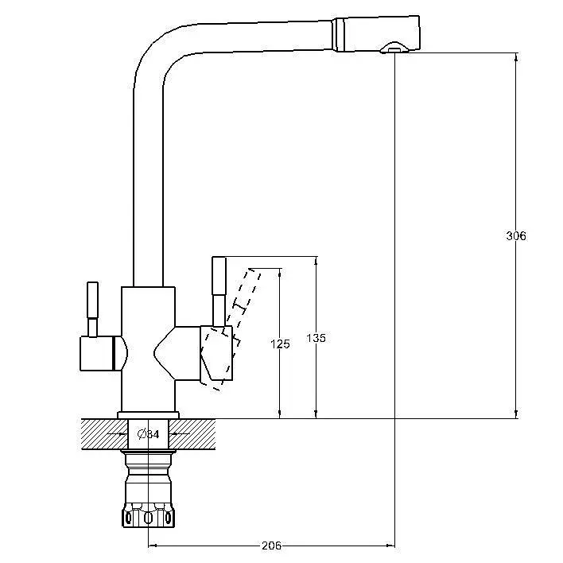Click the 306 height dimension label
point(515,236)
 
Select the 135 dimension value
point(316,338)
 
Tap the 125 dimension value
point(280,344)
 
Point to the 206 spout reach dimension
point(272,546)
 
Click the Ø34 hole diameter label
point(148,434)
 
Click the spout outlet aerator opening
point(394,48)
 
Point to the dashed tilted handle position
point(231,328)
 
